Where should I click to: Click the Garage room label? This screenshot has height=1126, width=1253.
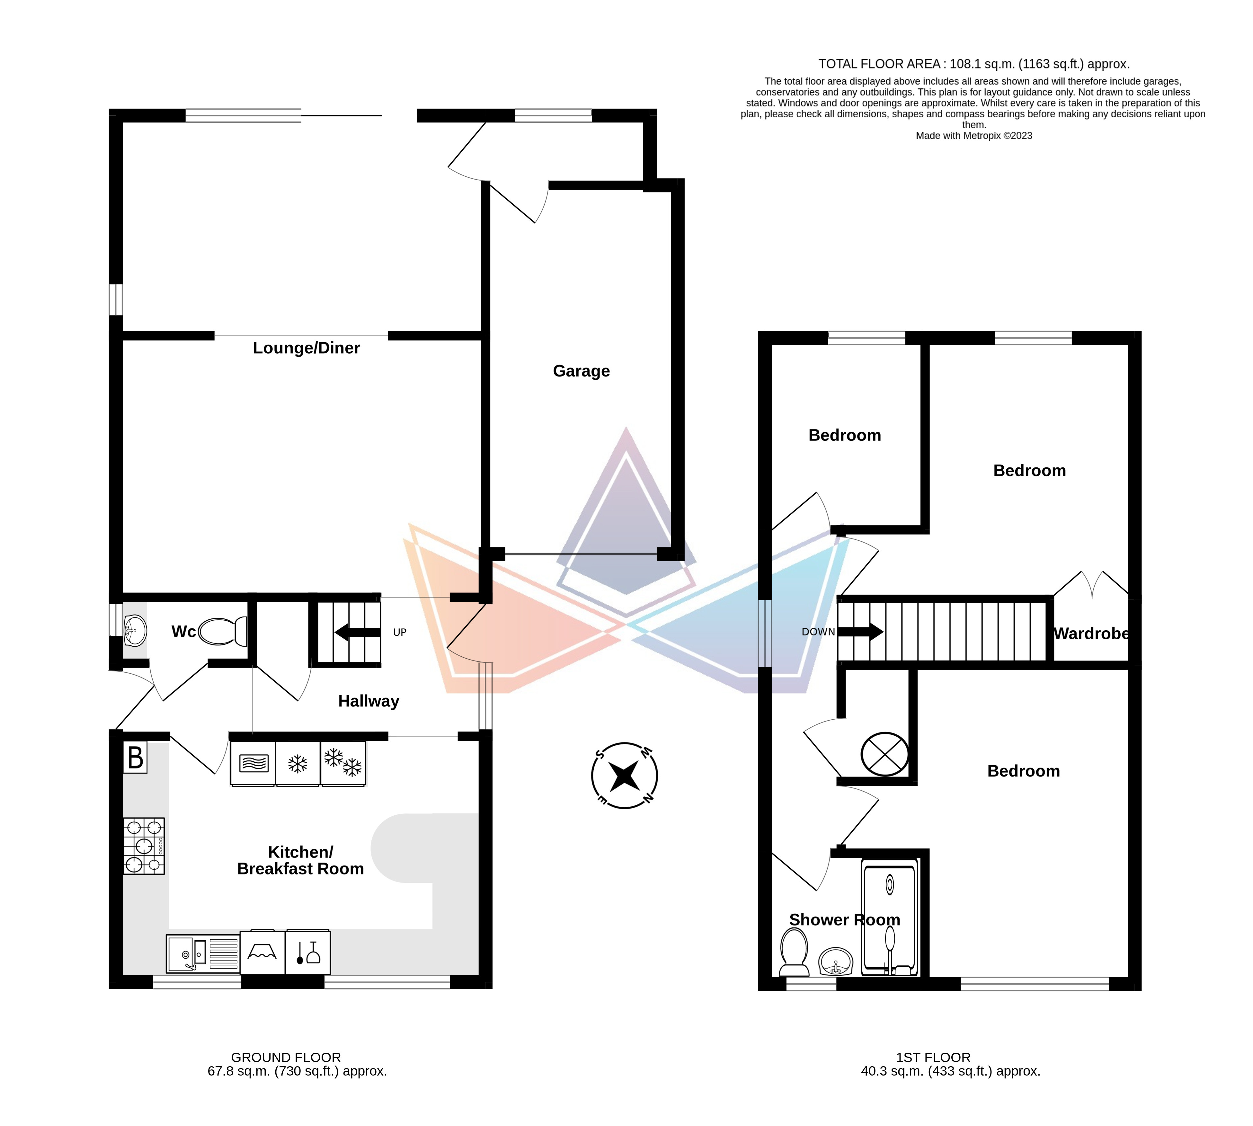[581, 371]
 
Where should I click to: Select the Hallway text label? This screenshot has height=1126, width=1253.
[369, 701]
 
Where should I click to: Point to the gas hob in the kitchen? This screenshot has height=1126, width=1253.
[144, 846]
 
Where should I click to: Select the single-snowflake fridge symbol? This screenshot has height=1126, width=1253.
[298, 763]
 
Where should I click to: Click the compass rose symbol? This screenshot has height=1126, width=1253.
[624, 775]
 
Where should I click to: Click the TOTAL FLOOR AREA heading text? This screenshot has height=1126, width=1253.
[974, 64]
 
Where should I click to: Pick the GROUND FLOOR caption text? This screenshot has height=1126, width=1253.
[286, 1057]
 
